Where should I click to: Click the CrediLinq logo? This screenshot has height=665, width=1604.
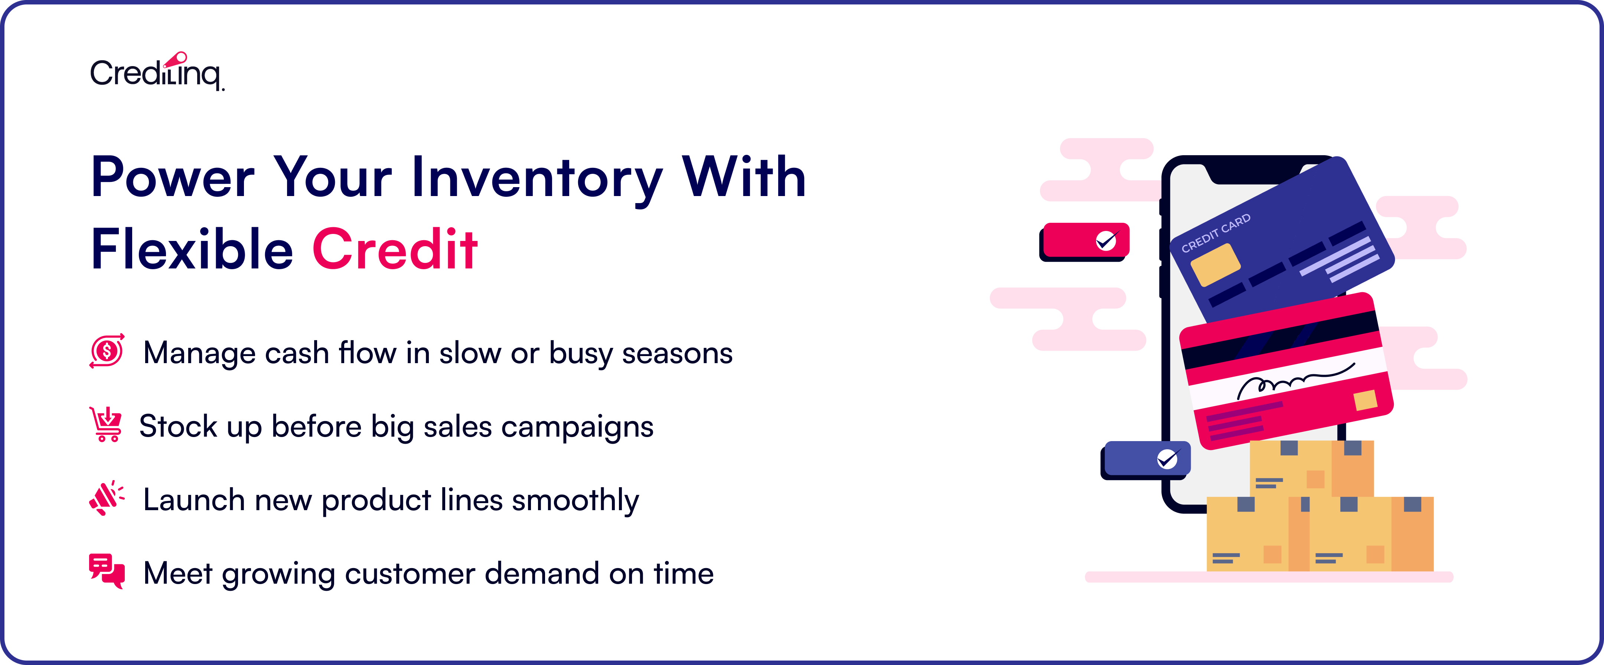point(157,72)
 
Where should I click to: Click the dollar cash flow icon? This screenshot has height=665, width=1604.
point(107,351)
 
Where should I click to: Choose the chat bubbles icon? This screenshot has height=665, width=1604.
point(107,571)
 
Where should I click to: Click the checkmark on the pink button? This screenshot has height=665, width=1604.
point(1106,240)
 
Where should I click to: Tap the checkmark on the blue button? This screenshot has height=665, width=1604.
point(1167,459)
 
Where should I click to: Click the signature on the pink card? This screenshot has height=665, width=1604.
point(1295,381)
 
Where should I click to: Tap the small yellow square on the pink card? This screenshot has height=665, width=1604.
point(1365,400)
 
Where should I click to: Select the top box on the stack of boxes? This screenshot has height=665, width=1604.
point(1311,468)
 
